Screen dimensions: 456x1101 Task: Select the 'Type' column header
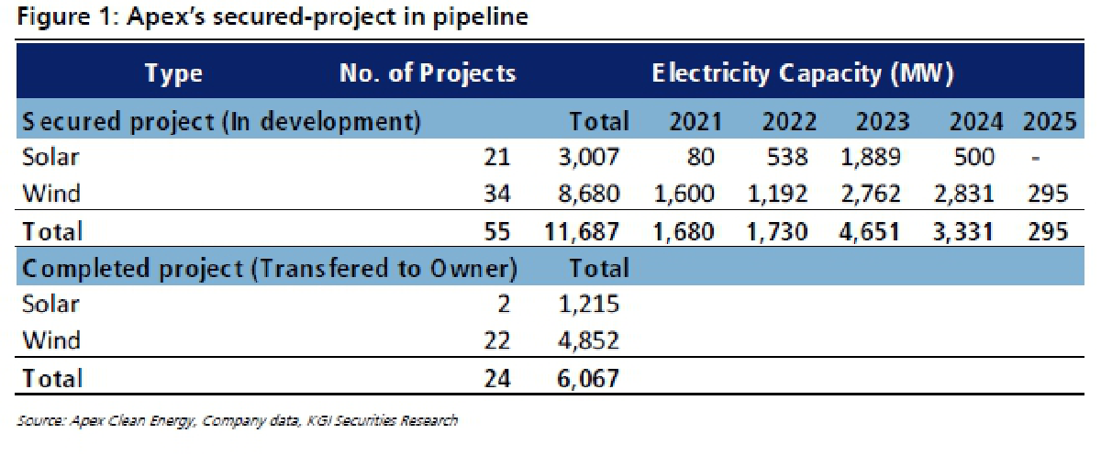pos(173,73)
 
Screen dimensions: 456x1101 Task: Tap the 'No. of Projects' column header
pos(427,73)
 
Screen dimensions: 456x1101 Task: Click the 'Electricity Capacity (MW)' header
pos(803,73)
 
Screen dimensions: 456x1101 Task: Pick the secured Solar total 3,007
pos(588,158)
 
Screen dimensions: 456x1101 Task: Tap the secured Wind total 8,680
pos(588,194)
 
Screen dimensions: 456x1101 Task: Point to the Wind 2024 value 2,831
pos(961,194)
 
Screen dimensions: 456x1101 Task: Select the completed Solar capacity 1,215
pos(588,305)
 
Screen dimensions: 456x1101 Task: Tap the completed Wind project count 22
pos(495,340)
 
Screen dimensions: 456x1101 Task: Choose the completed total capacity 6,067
pos(588,378)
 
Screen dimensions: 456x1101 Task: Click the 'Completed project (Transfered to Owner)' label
pos(270,269)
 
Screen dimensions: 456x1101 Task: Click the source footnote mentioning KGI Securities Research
pos(238,421)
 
